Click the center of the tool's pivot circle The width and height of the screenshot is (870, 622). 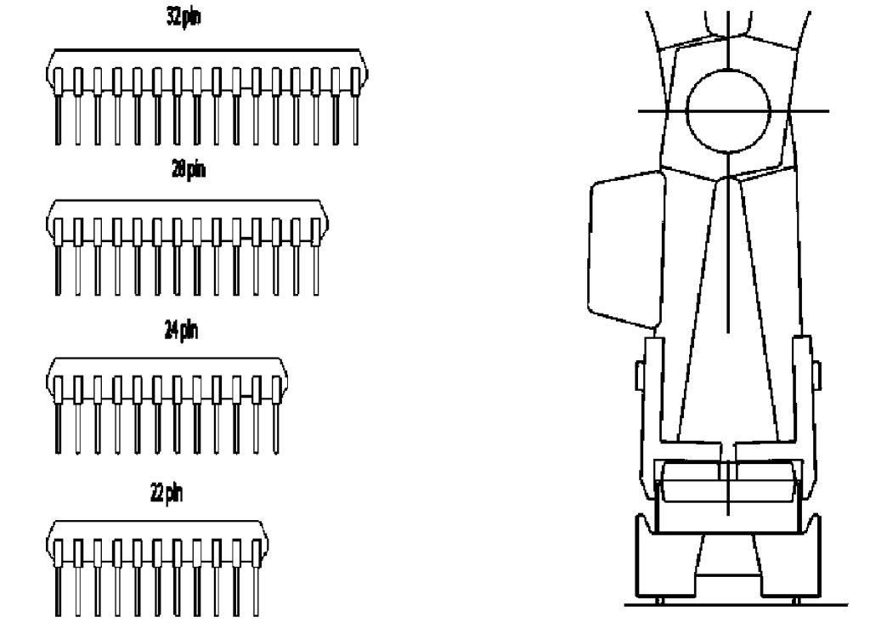click(728, 110)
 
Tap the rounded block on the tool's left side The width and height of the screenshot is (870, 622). click(627, 248)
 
